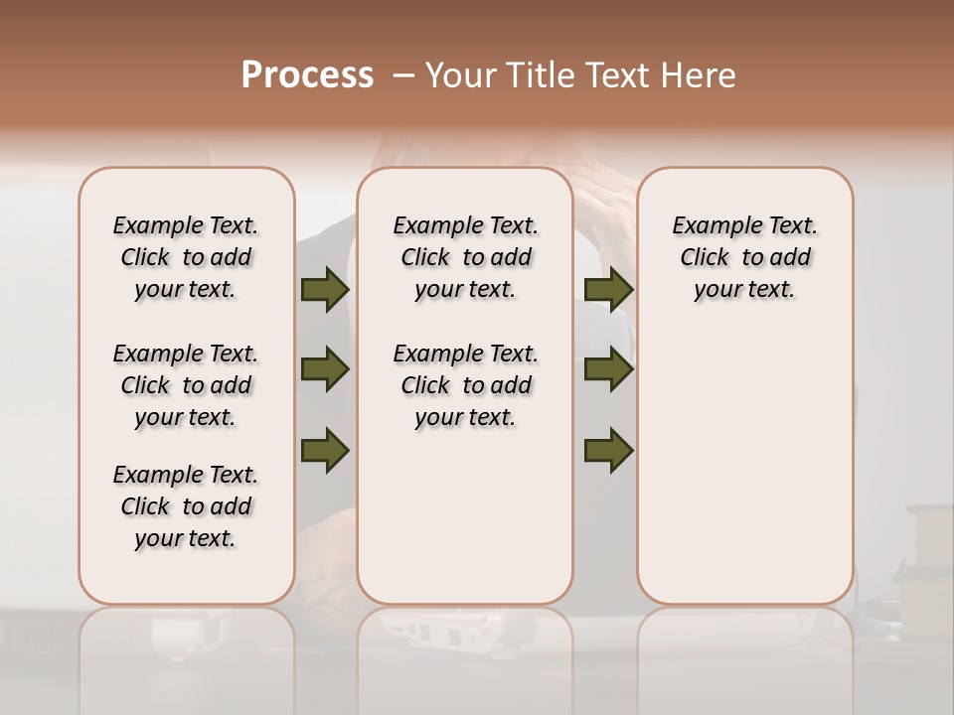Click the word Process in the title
pos(307,75)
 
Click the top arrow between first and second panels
pos(325,290)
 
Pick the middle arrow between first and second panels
pos(325,369)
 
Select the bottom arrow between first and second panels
pos(325,450)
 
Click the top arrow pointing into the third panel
pos(608,290)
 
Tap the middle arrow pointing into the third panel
pos(608,369)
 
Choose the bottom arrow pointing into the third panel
pos(608,450)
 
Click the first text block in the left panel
pos(186,257)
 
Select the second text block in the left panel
pos(186,385)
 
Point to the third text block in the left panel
pos(186,506)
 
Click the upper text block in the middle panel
pos(465,257)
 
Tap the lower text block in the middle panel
pos(465,385)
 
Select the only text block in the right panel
pos(744,257)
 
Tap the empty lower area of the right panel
pos(744,477)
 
